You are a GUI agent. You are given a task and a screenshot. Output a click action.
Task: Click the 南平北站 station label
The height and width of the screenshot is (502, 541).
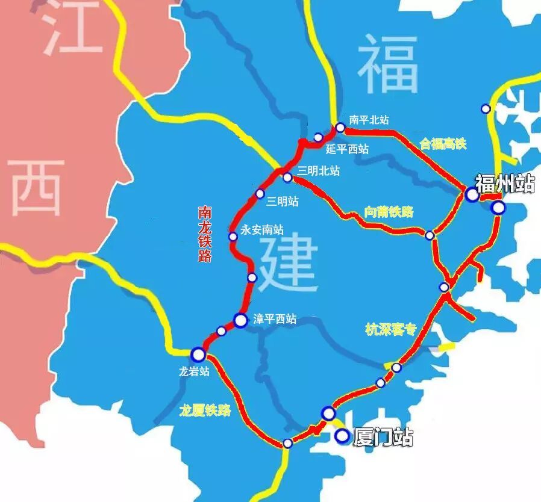[x=369, y=120]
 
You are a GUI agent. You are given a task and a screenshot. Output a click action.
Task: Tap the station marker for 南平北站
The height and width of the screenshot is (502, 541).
[x=340, y=128]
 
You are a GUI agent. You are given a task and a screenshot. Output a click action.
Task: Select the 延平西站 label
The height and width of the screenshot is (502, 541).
[x=347, y=149]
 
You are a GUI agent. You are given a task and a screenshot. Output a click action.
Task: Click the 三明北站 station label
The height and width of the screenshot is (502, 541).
[x=319, y=171]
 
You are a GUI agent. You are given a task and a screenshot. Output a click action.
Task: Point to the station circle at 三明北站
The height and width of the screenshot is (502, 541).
[x=287, y=178]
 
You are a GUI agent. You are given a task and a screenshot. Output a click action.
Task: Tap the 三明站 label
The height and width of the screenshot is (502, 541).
[x=283, y=202]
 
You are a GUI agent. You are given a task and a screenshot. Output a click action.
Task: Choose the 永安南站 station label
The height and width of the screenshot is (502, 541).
[x=262, y=229]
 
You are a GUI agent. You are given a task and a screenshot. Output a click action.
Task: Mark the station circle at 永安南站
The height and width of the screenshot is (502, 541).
[x=233, y=237]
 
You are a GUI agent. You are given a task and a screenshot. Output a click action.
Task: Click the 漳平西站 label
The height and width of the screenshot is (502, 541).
[x=275, y=320]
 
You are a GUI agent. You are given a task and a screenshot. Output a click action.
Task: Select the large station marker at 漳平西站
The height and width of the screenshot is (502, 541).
[x=240, y=321]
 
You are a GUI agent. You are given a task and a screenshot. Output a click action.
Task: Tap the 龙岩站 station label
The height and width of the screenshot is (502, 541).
[x=194, y=371]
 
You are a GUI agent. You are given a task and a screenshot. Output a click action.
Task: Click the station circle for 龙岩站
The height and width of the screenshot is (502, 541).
[x=198, y=354]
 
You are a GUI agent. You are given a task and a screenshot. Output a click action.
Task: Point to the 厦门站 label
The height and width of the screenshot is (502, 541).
[x=383, y=438]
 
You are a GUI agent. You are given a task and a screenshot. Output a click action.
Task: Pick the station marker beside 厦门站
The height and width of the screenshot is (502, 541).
[x=342, y=436]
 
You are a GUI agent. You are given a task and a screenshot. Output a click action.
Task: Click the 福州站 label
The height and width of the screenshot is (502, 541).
[x=505, y=183]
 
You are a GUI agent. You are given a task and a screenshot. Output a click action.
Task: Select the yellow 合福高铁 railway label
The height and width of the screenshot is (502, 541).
[x=443, y=143]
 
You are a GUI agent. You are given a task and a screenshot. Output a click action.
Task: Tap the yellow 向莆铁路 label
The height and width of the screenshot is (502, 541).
[x=389, y=211]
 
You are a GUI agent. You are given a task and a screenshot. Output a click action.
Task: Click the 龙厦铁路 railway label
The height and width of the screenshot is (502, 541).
[x=205, y=411]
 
